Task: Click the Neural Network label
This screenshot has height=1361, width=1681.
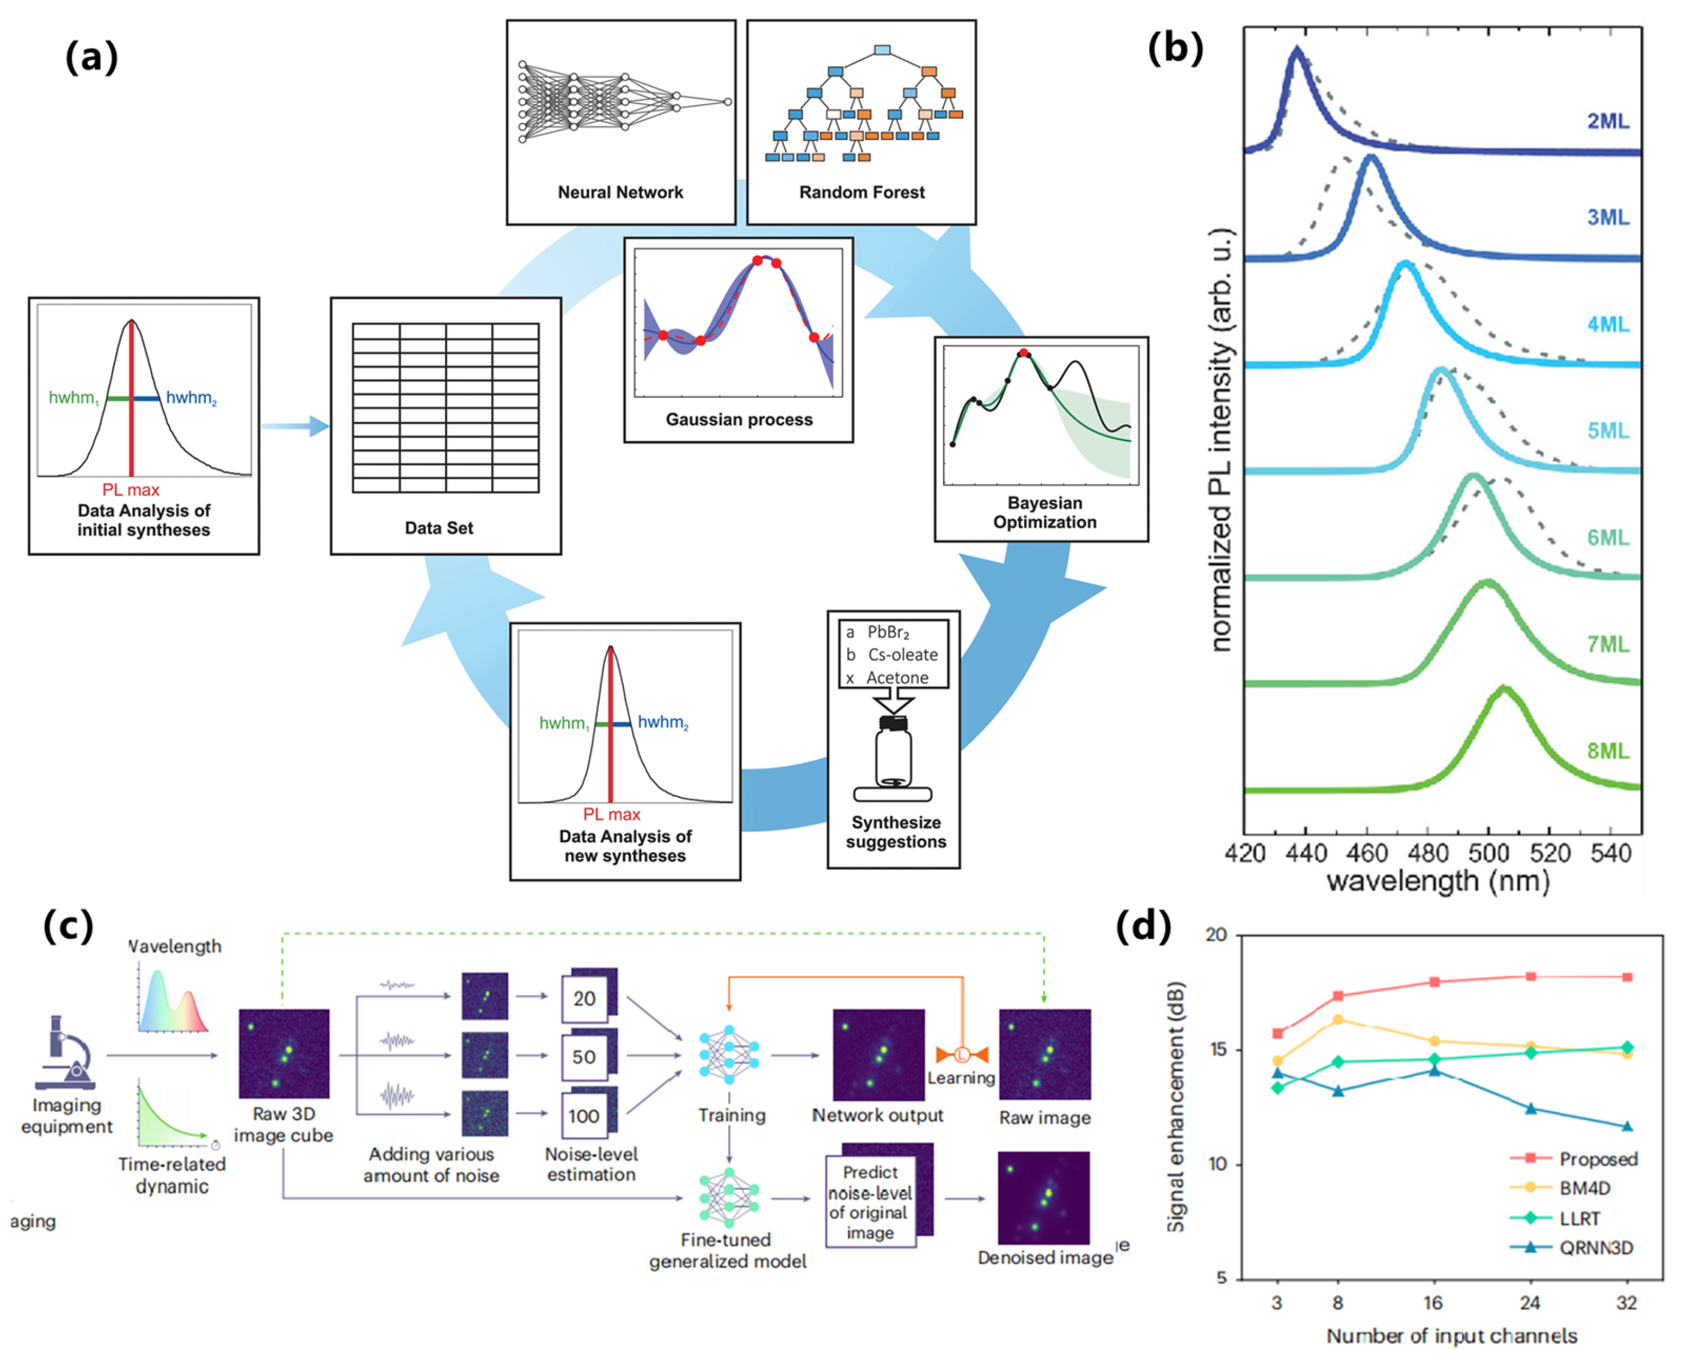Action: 620,192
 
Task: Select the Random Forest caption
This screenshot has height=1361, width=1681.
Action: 862,192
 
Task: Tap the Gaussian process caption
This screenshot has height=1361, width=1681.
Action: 739,419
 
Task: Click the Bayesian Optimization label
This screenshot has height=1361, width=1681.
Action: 1044,512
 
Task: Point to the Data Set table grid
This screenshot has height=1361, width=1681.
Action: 445,407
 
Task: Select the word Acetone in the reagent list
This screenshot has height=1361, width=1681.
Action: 897,677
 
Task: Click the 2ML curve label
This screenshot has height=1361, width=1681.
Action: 1607,121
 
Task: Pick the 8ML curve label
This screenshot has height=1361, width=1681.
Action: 1607,750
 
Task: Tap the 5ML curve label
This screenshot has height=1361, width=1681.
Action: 1607,430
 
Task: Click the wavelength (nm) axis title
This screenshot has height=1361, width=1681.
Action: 1438,882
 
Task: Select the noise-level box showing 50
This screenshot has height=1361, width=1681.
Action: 584,1057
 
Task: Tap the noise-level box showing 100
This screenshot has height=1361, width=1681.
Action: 584,1116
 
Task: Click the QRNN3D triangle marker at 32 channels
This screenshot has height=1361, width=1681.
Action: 1627,1127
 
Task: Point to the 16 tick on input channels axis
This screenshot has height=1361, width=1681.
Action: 1433,1303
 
